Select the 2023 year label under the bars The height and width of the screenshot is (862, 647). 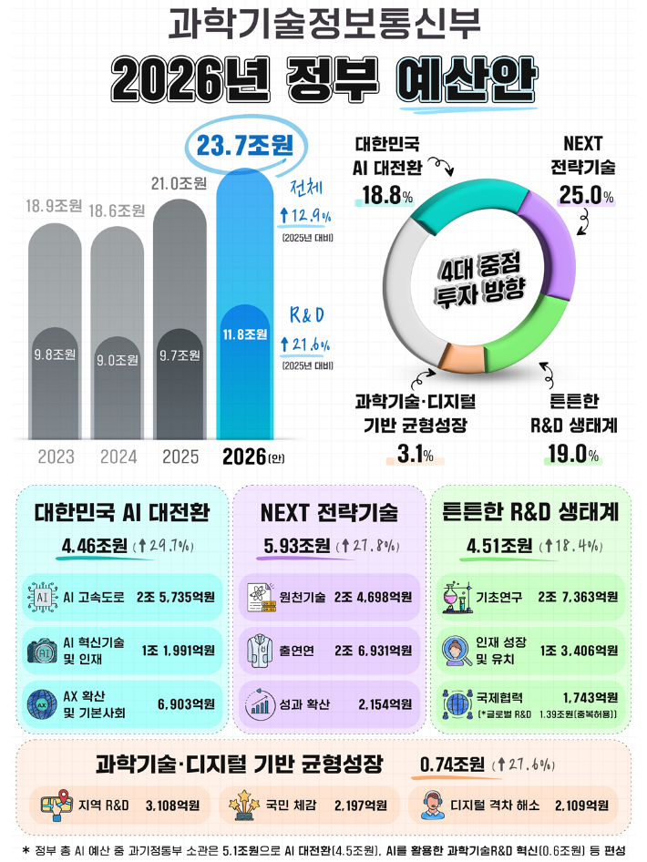point(56,457)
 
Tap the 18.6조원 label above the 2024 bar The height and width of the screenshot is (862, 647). point(117,210)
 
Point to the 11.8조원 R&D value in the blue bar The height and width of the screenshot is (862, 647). point(244,334)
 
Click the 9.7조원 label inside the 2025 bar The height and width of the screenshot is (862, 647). point(179,354)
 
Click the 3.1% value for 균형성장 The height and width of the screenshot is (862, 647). point(416,455)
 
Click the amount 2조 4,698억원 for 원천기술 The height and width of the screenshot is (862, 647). point(373,598)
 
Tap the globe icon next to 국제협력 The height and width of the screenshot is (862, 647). point(456,704)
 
